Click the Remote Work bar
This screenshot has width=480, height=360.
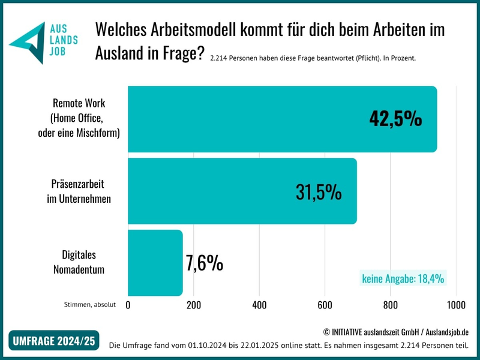(282, 119)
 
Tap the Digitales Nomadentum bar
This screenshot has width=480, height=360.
(155, 263)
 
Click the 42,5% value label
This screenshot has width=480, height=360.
(395, 119)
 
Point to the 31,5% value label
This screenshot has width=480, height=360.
(319, 191)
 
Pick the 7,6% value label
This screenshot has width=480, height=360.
(204, 263)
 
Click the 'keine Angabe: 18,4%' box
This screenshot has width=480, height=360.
(403, 278)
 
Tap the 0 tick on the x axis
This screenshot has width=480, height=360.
(128, 305)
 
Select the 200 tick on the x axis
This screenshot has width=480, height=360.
(194, 305)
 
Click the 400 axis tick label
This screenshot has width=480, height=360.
(259, 305)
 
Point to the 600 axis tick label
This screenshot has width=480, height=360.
(325, 305)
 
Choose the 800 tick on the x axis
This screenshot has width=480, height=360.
(391, 305)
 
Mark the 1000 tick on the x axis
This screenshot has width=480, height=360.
(456, 305)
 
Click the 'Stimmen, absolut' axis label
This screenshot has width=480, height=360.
(89, 305)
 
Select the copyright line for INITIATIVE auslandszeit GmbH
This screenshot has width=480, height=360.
(396, 332)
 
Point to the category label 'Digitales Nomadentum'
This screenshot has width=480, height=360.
(83, 263)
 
